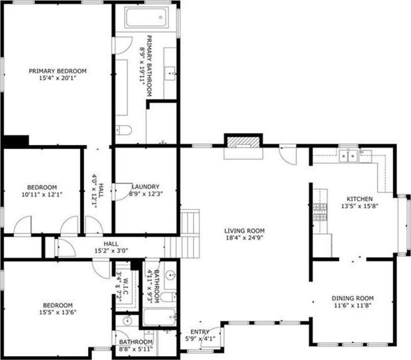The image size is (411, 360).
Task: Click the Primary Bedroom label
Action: (57, 71)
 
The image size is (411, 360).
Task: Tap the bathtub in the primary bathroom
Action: (147, 17)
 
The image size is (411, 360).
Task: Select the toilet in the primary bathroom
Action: (123, 130)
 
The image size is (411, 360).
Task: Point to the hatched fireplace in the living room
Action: (243, 142)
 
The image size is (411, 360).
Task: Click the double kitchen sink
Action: (348, 156)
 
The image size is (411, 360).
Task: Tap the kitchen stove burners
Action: (320, 212)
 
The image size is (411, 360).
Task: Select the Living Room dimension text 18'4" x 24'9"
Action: (244, 238)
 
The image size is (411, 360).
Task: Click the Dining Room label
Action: (353, 299)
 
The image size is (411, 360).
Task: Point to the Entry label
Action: (199, 332)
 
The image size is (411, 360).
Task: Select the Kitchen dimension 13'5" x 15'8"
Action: (360, 206)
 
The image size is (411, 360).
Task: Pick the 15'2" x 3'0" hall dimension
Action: (111, 251)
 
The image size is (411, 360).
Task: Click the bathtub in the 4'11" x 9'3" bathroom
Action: (159, 317)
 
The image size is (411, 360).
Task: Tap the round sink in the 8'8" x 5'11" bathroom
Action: (127, 321)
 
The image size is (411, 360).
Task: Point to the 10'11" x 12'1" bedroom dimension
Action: (42, 195)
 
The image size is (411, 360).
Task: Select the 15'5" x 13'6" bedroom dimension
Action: (58, 313)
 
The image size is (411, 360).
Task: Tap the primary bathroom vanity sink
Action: (170, 73)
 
